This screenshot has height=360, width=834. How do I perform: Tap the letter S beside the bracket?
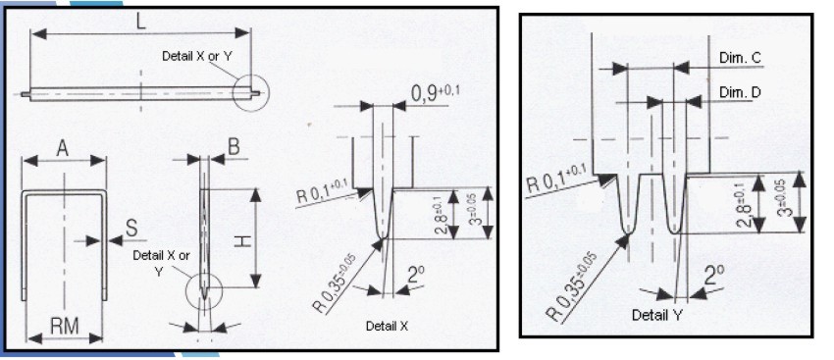(x=132, y=229)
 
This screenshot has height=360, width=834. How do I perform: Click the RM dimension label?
(x=65, y=324)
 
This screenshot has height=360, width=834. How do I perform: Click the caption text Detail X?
(x=389, y=325)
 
